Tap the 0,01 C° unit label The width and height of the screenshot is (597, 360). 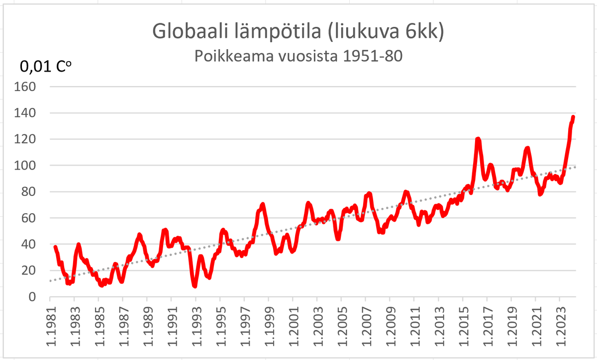(x=45, y=66)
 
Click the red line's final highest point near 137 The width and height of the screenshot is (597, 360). (x=573, y=117)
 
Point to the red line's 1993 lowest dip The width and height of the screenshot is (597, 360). (x=195, y=286)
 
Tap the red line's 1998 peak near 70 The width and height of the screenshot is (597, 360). (x=263, y=204)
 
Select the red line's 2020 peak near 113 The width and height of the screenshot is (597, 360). (x=527, y=148)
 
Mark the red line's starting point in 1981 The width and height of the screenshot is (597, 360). (x=55, y=247)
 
